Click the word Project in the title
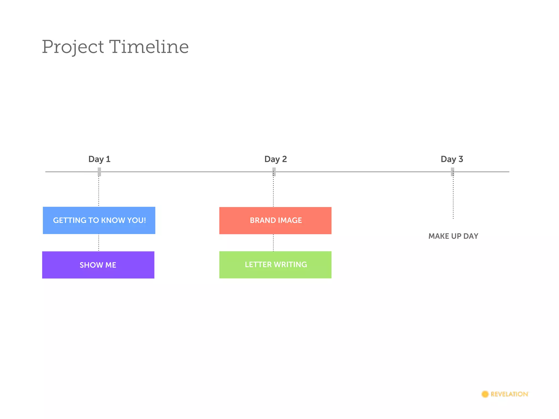pos(73,47)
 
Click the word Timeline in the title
pos(149,47)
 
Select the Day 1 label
pos(99,159)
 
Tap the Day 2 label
pos(275,159)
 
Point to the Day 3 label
pos(452,159)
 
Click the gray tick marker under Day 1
pos(99,172)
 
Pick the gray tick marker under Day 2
pos(274,172)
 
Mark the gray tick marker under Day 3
pos(453,172)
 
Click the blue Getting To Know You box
pos(99,220)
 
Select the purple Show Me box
pos(98,265)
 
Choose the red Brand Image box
pos(275,220)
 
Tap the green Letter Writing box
pos(275,265)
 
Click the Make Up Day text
pos(453,236)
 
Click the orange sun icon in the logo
pos(485,394)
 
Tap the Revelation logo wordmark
pos(509,394)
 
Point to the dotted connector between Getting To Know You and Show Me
pos(99,243)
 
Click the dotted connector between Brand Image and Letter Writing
pos(273,243)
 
